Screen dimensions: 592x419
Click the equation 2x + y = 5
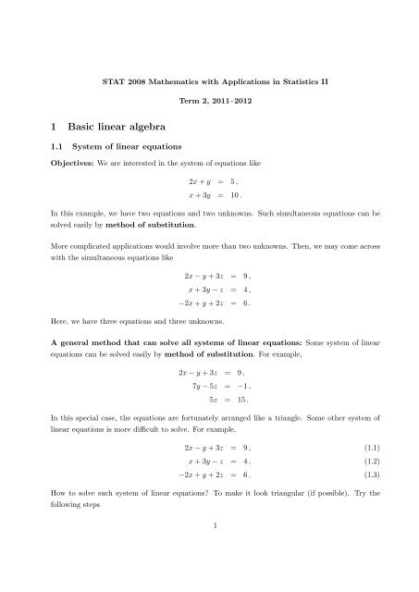208,211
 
